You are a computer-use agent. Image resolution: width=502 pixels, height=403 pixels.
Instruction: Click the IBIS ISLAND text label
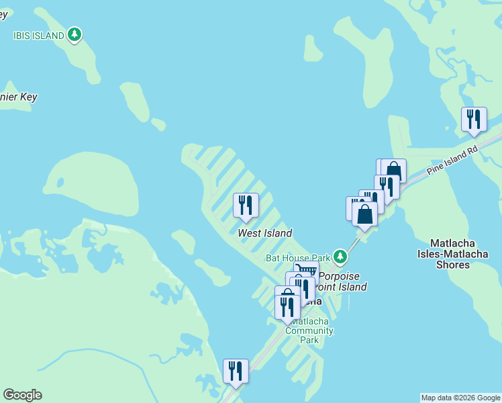(39, 35)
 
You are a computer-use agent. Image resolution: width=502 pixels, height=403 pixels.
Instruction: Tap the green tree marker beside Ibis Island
(75, 34)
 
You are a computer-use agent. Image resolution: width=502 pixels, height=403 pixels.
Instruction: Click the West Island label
(265, 233)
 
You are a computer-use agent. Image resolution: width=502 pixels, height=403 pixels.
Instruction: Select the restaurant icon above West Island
(246, 205)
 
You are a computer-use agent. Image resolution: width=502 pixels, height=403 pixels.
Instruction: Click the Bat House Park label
(298, 257)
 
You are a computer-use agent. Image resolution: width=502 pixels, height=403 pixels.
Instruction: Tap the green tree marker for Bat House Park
(341, 256)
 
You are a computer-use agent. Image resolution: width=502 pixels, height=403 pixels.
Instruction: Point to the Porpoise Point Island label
(342, 281)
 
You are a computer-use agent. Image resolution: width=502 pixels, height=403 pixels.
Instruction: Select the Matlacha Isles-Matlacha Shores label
(453, 253)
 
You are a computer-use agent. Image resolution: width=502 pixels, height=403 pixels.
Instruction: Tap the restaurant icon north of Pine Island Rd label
(474, 120)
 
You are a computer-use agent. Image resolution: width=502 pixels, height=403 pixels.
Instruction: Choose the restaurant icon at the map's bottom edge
(236, 371)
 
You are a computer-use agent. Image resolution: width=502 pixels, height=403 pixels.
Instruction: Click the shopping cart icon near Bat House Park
(306, 270)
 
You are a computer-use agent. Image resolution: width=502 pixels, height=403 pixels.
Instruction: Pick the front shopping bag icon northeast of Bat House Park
(364, 216)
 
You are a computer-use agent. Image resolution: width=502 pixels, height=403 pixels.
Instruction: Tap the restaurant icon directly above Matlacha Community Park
(287, 307)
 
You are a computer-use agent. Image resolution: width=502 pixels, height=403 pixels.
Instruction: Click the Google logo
(22, 395)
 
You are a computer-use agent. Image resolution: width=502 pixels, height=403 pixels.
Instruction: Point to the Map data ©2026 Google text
(460, 398)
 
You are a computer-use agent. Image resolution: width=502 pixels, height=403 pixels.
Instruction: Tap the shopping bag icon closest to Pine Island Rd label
(393, 171)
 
